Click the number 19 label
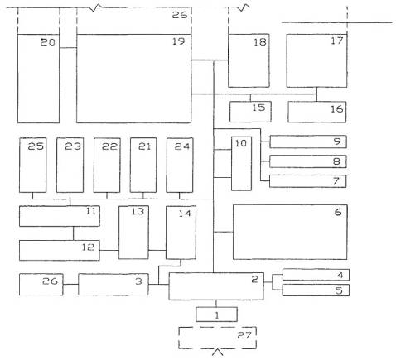pyautogui.click(x=178, y=41)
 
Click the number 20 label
pyautogui.click(x=48, y=42)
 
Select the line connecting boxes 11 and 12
pyautogui.click(x=74, y=233)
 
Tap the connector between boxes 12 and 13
pyautogui.click(x=109, y=251)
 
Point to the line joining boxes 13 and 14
pyautogui.click(x=157, y=251)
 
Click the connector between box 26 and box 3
pyautogui.click(x=70, y=284)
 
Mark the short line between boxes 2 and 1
pyautogui.click(x=216, y=304)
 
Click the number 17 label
pyautogui.click(x=337, y=41)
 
